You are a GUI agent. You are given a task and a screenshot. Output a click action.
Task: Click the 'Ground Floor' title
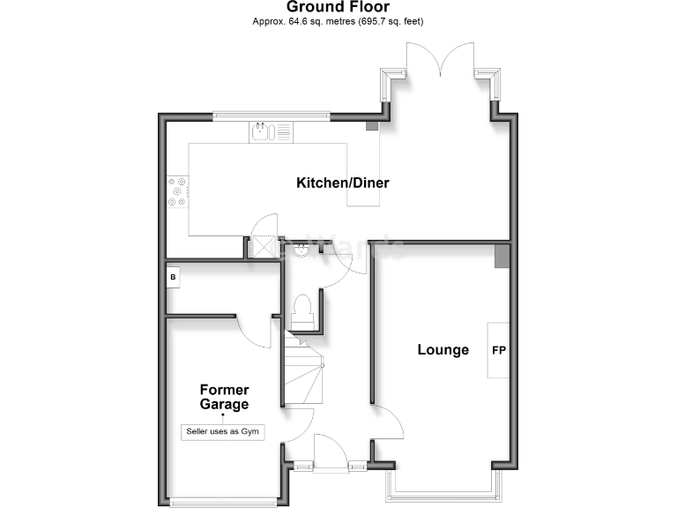[x=338, y=7]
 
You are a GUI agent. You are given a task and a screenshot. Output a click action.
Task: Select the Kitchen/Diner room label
[x=342, y=183]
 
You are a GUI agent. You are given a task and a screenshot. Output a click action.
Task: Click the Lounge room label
[x=443, y=350]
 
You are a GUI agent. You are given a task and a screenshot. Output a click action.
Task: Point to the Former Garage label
[x=224, y=397]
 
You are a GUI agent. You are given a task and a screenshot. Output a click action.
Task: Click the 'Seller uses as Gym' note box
[x=224, y=431]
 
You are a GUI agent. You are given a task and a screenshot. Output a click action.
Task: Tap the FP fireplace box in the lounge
[x=499, y=350]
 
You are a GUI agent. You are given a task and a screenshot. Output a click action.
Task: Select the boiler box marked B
[x=173, y=276]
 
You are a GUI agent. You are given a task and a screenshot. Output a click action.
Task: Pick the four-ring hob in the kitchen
[x=178, y=191]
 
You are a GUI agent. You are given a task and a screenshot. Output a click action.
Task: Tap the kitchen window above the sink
[x=272, y=116]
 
